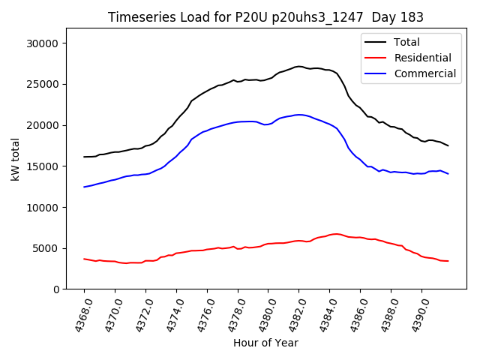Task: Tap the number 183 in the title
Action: click(411, 17)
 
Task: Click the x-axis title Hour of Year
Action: click(265, 343)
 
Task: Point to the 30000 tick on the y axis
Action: click(43, 43)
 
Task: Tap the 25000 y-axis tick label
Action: click(43, 84)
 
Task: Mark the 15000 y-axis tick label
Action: click(43, 166)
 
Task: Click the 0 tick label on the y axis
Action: click(56, 289)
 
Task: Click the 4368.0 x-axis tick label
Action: click(79, 312)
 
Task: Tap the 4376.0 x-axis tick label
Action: click(202, 312)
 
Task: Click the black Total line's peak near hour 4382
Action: click(298, 67)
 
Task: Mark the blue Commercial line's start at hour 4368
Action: click(84, 187)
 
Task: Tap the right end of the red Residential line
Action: click(448, 261)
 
